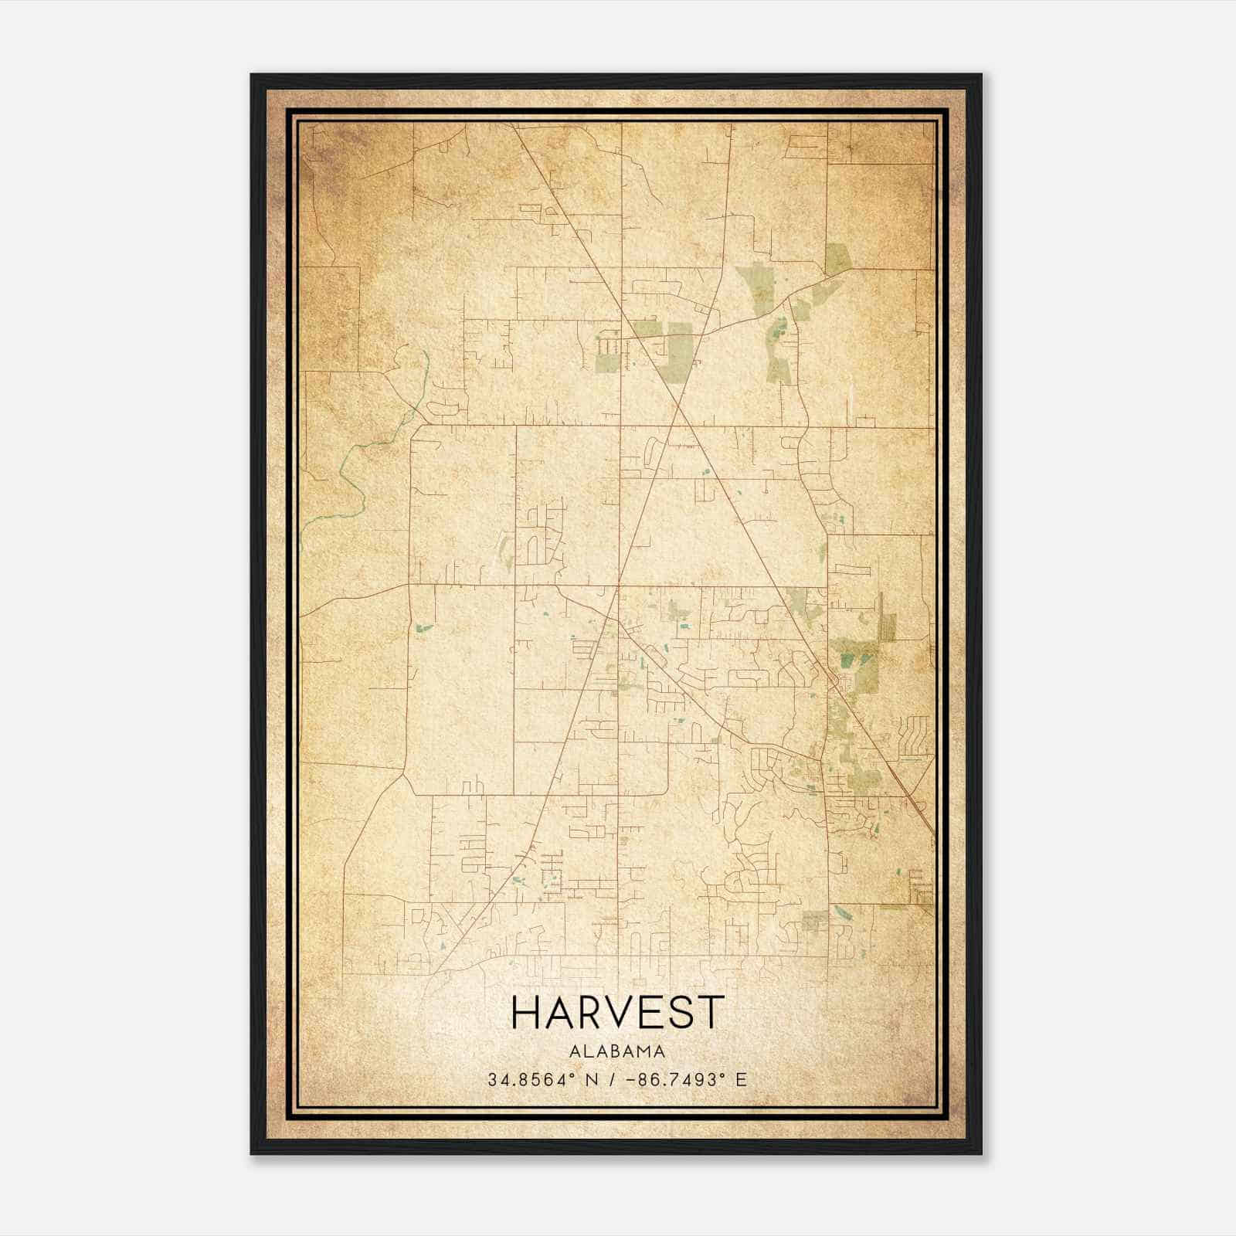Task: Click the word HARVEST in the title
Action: click(x=618, y=1012)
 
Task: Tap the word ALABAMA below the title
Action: click(x=618, y=1051)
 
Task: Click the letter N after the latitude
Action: click(x=593, y=1080)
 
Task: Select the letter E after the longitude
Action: click(x=742, y=1080)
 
